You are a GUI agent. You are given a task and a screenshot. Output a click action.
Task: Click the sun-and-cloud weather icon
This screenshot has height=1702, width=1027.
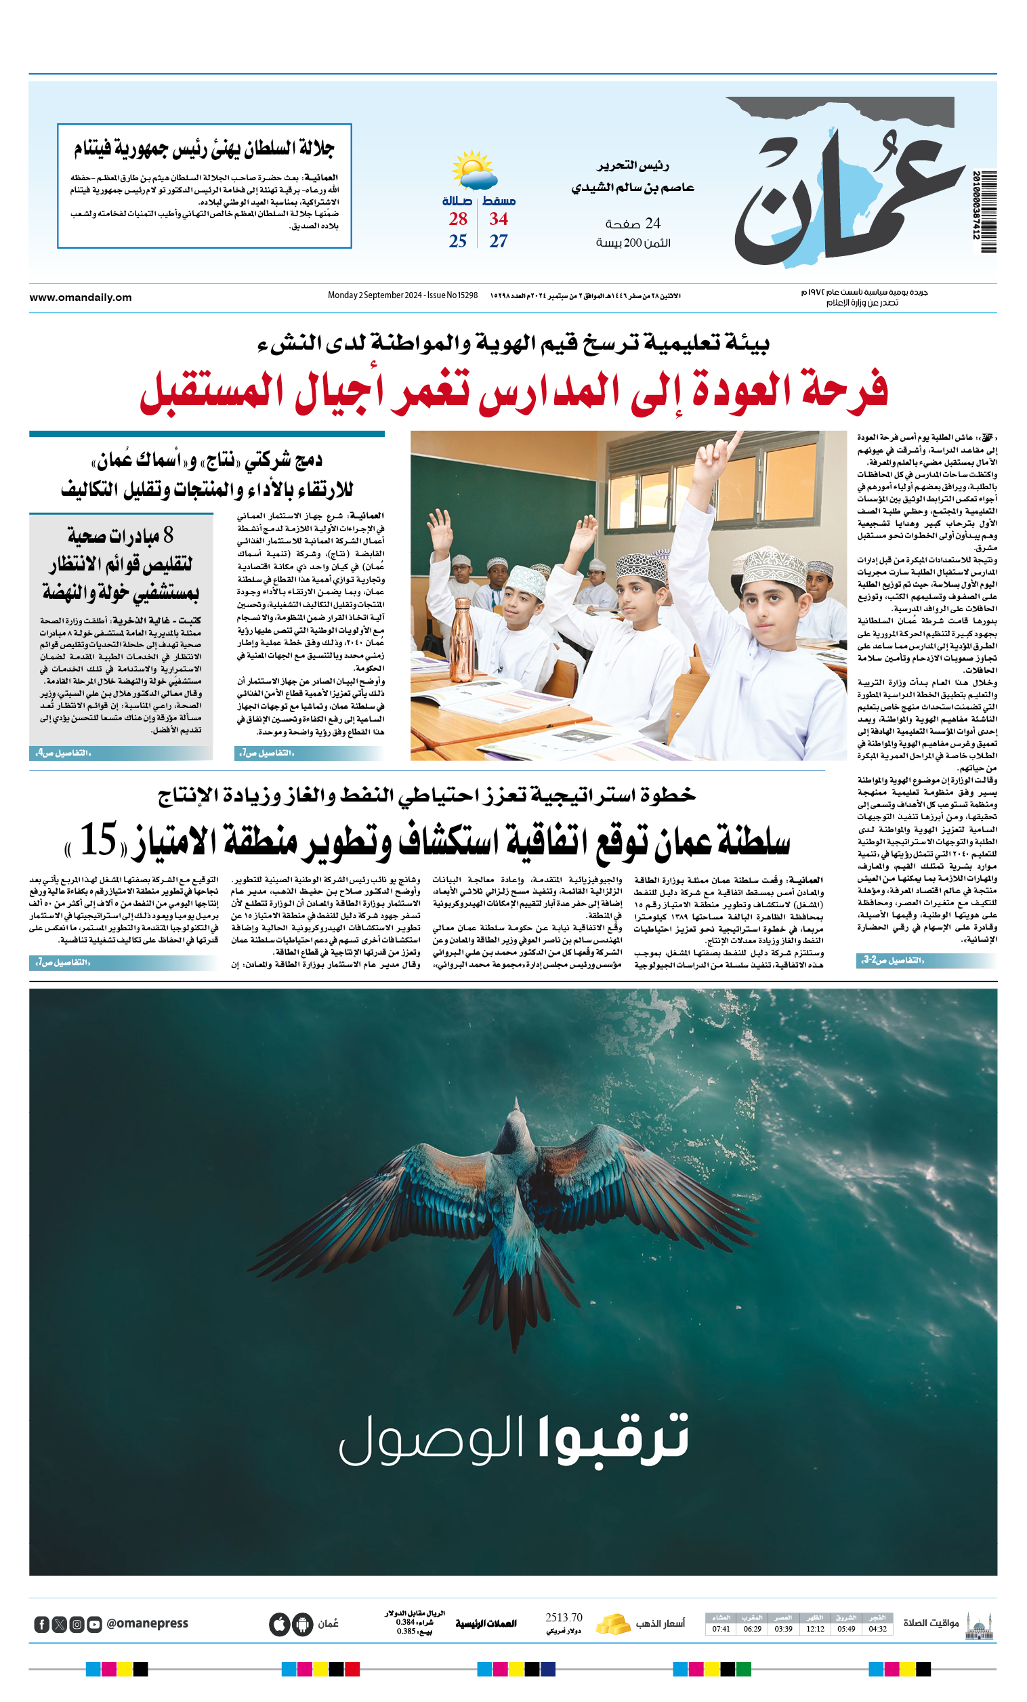click(x=474, y=170)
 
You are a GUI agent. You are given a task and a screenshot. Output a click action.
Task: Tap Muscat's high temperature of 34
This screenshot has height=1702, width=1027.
click(x=498, y=219)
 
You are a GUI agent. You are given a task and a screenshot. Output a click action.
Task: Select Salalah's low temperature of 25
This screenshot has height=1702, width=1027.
click(x=458, y=241)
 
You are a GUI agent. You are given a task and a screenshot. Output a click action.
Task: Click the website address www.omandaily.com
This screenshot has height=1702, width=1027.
click(x=80, y=297)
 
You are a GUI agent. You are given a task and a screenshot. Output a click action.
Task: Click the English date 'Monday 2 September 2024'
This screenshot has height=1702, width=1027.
click(x=375, y=295)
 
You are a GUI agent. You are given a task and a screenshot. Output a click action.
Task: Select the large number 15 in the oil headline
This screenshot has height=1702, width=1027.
click(x=99, y=839)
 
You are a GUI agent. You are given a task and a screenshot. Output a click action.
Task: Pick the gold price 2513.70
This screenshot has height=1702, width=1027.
click(x=564, y=1618)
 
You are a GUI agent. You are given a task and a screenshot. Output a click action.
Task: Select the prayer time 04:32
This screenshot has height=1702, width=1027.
click(x=877, y=1629)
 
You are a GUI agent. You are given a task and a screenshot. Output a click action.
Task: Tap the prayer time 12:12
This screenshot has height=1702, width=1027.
click(x=815, y=1629)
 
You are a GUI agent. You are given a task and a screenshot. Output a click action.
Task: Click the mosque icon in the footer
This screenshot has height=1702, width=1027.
click(x=979, y=1625)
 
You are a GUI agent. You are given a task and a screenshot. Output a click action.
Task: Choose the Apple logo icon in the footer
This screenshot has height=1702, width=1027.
click(x=279, y=1624)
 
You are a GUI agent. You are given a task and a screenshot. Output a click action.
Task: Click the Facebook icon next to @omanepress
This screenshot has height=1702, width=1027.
click(x=41, y=1624)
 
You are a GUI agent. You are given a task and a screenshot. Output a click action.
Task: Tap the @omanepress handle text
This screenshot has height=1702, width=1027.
click(x=147, y=1623)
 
